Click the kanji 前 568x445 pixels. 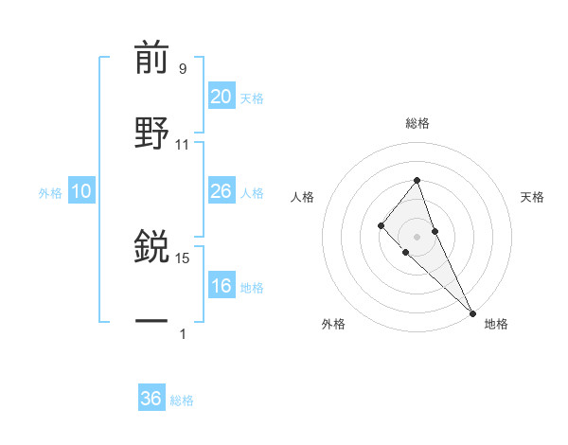[151, 59]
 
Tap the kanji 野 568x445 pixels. [151, 133]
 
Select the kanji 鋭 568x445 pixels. [151, 248]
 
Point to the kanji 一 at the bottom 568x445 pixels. [151, 321]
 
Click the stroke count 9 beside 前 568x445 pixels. [182, 68]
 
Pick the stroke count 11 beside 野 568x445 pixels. [183, 144]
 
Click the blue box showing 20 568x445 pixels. [222, 97]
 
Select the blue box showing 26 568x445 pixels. [222, 191]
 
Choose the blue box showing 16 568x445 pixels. [222, 286]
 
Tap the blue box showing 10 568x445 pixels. [81, 191]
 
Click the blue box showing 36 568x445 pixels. [151, 399]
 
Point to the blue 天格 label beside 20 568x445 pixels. [252, 98]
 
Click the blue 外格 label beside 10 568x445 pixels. [50, 193]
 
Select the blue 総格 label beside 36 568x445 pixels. [182, 400]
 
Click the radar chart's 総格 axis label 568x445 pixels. [417, 123]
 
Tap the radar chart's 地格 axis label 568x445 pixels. [496, 324]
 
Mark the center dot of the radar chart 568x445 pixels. [417, 236]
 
